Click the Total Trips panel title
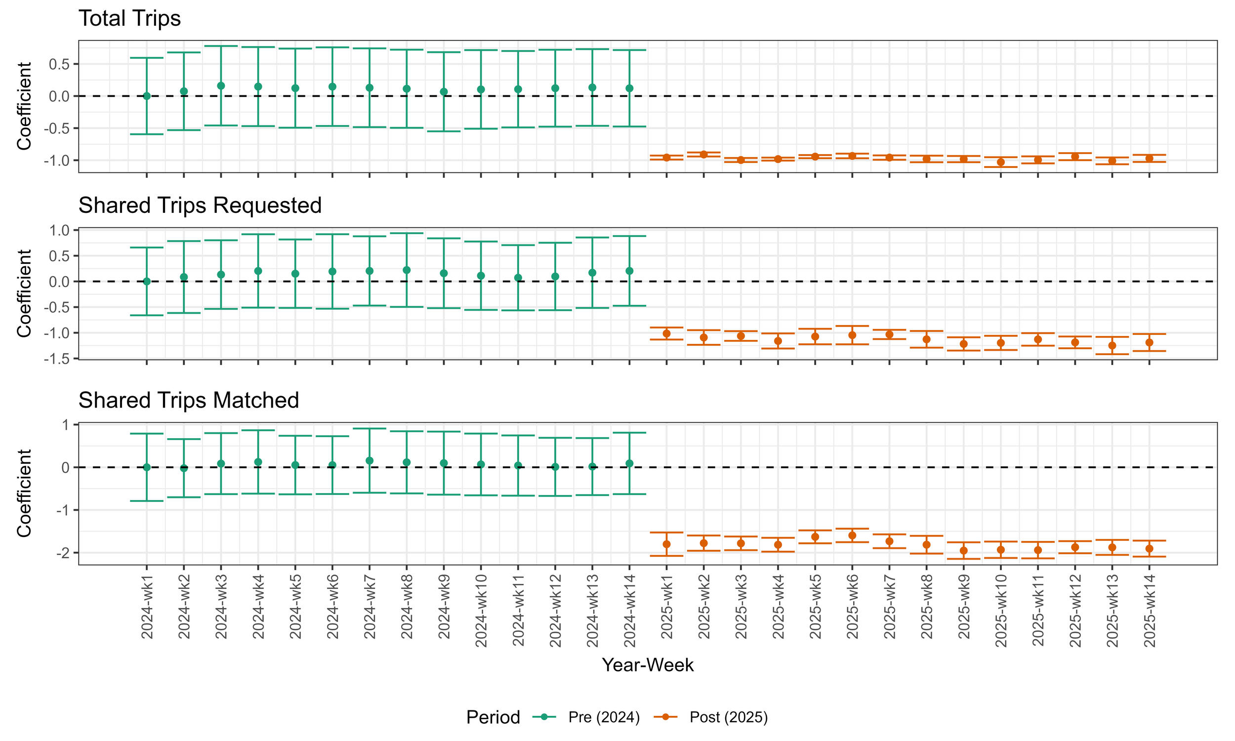[129, 18]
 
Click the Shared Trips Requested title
[200, 205]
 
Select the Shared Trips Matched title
[188, 400]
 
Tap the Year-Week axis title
[648, 664]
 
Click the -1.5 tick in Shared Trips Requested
[57, 359]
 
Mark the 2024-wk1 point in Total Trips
[147, 96]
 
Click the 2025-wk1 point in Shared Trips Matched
[666, 544]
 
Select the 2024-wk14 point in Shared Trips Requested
[629, 271]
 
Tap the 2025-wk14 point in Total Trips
[1149, 158]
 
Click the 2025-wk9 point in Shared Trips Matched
[963, 551]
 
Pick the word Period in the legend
[493, 717]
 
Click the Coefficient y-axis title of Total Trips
[24, 106]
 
